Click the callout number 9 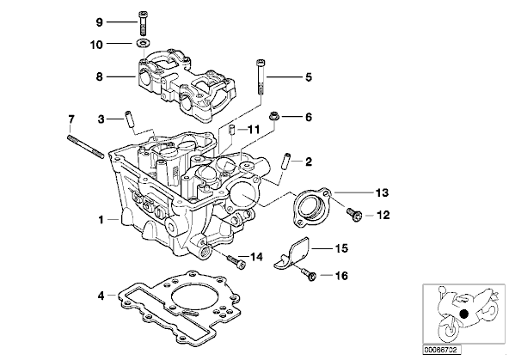click(100, 22)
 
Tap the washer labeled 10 click(142, 42)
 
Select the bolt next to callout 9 click(143, 23)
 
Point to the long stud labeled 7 click(86, 147)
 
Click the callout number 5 click(309, 77)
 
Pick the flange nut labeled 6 click(274, 116)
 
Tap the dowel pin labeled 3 click(128, 119)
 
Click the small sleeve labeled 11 click(232, 129)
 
